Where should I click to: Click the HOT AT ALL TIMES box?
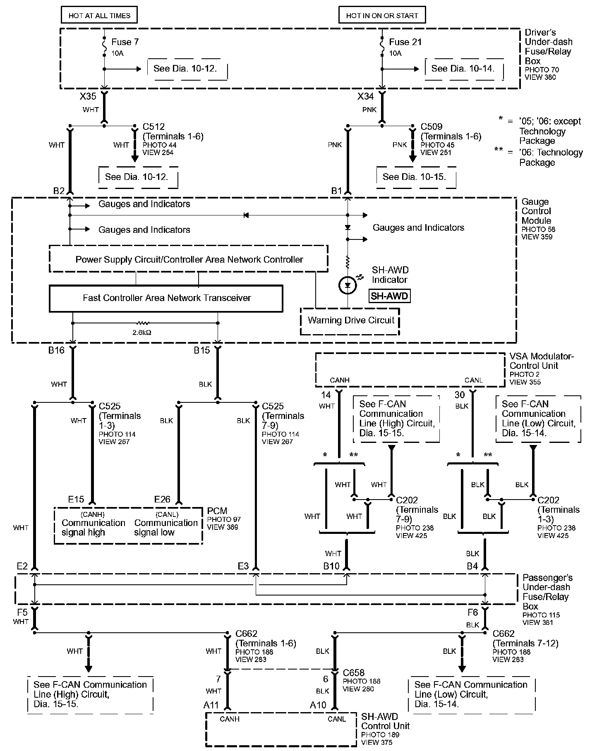click(x=99, y=16)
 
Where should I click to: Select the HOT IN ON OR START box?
click(x=382, y=16)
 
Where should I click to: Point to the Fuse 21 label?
click(x=405, y=42)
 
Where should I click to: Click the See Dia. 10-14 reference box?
click(x=463, y=69)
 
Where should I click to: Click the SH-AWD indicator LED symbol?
click(x=347, y=285)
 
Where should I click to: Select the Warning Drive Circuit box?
click(x=350, y=320)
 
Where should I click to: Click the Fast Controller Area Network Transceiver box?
click(x=166, y=298)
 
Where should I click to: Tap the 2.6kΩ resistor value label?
click(x=142, y=332)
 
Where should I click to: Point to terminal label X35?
click(x=88, y=97)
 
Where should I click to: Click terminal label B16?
click(x=56, y=351)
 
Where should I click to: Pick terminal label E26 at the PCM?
click(x=162, y=500)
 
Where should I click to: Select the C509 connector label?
click(x=432, y=127)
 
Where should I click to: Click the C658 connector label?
click(x=354, y=673)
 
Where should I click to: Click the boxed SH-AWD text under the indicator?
click(x=389, y=296)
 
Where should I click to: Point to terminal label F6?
click(x=472, y=613)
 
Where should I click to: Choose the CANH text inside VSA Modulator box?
click(x=339, y=380)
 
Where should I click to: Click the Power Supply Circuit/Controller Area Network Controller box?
click(x=189, y=260)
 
